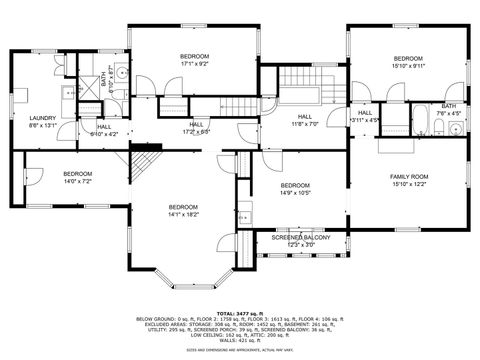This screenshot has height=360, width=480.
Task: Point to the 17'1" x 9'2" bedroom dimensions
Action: click(194, 64)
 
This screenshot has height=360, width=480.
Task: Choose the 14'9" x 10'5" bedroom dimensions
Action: click(295, 193)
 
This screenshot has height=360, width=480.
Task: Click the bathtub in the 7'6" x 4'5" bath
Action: click(422, 121)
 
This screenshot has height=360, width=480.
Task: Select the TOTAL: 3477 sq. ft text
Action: click(239, 313)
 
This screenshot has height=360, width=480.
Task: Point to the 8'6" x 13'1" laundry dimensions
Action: click(41, 125)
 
